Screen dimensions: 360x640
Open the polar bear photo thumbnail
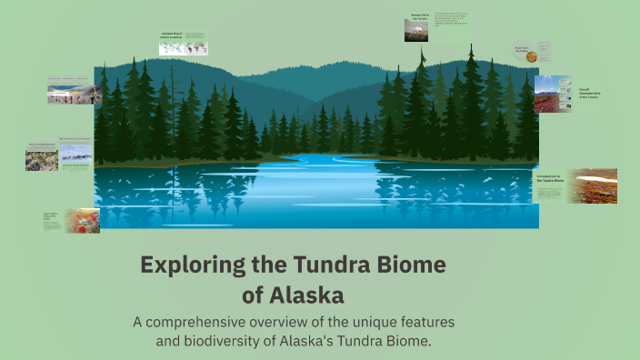[x=416, y=30]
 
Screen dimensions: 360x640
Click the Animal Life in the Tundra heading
[x=419, y=15]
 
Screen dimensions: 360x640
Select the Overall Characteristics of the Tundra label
[x=589, y=93]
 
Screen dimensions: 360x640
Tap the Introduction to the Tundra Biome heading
[x=551, y=178]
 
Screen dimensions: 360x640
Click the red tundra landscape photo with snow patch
[x=592, y=185]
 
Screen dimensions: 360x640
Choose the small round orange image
[x=531, y=56]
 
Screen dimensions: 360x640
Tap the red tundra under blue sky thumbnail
[x=553, y=94]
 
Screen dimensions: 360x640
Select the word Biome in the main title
[x=409, y=265]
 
